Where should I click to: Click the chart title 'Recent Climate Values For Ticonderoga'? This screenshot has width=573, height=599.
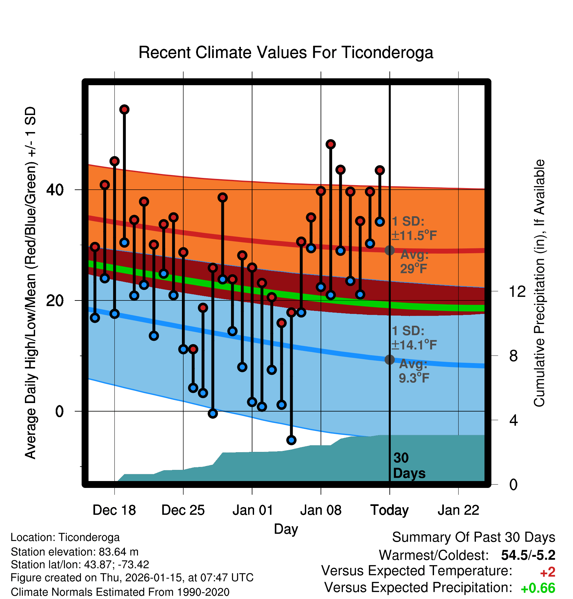point(286,52)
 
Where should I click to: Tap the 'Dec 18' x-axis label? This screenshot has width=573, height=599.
point(114,510)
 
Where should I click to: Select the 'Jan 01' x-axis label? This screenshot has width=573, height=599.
point(252,510)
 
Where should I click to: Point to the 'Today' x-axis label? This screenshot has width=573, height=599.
point(389,510)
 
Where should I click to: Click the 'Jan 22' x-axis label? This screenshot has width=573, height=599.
point(458,510)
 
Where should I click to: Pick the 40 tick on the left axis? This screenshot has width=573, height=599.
point(55,190)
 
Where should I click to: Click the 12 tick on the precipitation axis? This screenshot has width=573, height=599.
point(517,291)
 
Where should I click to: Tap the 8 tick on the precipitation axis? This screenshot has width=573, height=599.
point(514,356)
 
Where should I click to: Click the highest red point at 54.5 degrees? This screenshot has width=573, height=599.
point(124,109)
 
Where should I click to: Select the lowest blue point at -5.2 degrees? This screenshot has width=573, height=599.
point(291,440)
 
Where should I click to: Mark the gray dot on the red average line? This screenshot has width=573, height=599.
point(389,250)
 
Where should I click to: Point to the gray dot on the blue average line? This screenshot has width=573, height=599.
point(389,359)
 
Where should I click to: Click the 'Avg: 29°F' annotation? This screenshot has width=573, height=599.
point(414,262)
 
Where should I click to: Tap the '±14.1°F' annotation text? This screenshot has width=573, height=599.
point(414,345)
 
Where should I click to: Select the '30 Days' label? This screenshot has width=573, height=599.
point(409,466)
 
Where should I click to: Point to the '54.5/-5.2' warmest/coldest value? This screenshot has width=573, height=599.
point(528,555)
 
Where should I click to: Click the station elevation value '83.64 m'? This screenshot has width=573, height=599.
point(118,552)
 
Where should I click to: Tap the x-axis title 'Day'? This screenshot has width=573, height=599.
point(286,529)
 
